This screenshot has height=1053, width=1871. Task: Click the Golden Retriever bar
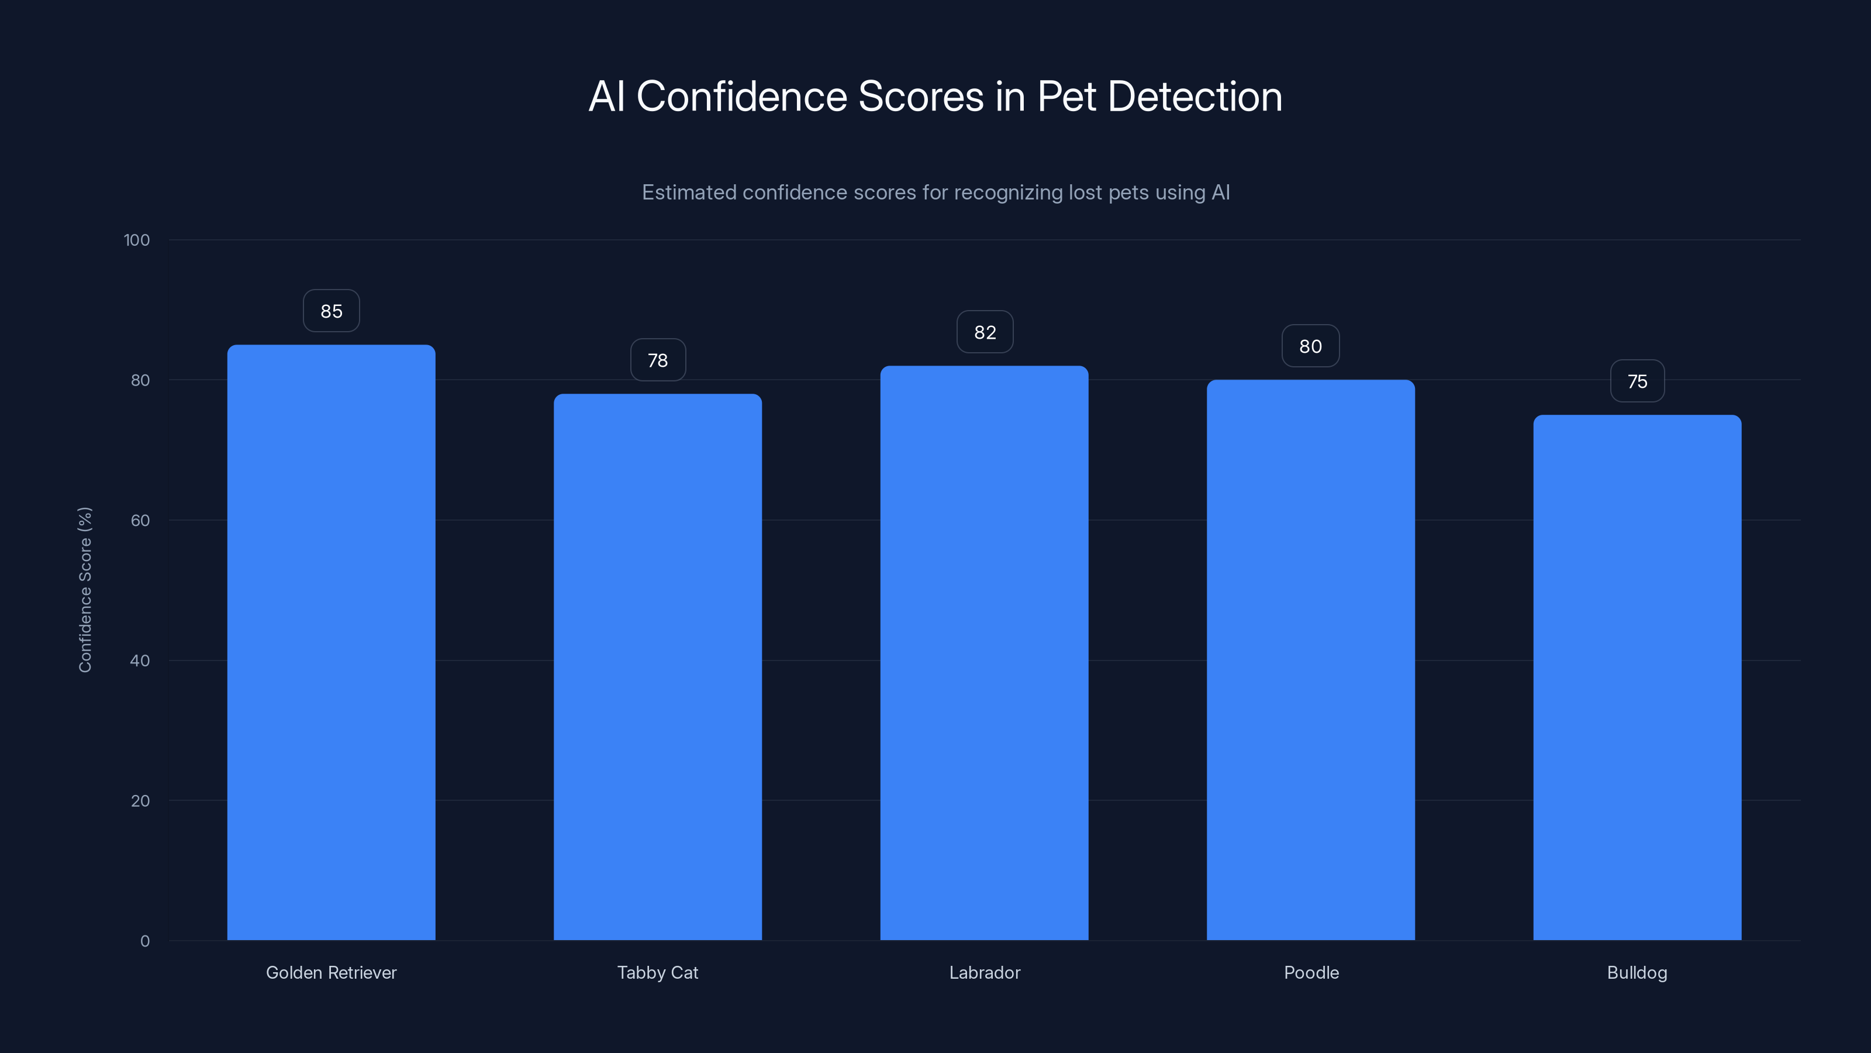331,642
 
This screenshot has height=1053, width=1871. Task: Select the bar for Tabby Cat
657,667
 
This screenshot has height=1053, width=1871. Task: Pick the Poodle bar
1310,660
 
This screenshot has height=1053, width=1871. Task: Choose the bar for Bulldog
1637,677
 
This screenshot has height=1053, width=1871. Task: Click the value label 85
331,311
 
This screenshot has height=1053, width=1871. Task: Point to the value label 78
657,360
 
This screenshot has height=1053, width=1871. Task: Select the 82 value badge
985,332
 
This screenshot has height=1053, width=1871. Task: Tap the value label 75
1637,381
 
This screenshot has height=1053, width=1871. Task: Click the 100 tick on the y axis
137,240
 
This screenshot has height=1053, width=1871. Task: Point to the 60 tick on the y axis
140,520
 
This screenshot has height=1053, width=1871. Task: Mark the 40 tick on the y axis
140,660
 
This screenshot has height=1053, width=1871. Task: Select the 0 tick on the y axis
144,941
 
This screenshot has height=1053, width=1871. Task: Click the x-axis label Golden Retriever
331,972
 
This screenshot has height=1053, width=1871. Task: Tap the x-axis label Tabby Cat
657,972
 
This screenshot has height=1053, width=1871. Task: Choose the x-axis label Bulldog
1637,972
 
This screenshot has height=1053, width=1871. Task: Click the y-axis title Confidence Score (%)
85,589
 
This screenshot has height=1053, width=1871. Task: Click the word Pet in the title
1066,97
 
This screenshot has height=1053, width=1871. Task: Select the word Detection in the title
1195,97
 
